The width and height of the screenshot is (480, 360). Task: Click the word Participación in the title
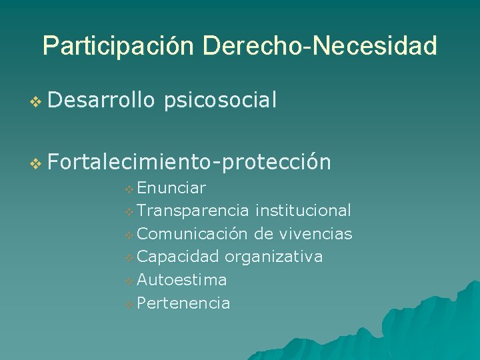[x=119, y=46]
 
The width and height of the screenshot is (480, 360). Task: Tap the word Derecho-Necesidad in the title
[x=320, y=46]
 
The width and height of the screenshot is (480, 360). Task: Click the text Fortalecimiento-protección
[x=189, y=161]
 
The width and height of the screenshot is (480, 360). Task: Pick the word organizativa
[x=273, y=257]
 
